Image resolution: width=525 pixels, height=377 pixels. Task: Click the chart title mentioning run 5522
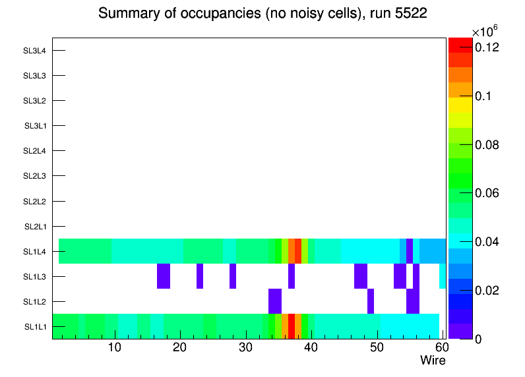tap(262, 14)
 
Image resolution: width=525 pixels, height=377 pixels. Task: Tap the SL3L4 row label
tap(35, 51)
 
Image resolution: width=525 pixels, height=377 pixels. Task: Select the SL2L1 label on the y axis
tap(35, 227)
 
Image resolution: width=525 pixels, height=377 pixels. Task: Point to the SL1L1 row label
tap(35, 327)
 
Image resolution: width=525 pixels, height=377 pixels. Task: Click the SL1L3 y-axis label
tap(35, 277)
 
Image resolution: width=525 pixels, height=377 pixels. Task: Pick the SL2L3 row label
tap(35, 176)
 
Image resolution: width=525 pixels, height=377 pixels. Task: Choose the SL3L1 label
tap(35, 126)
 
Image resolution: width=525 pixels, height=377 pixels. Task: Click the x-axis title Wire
tap(433, 361)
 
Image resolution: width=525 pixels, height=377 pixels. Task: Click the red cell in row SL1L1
tap(292, 326)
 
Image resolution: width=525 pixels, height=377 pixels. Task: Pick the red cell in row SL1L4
tap(298, 251)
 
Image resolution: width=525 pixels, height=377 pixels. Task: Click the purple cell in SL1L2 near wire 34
tap(275, 301)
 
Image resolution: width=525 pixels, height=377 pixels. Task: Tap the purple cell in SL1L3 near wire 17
tap(164, 276)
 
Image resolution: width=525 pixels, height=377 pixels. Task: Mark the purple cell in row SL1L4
tap(410, 251)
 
